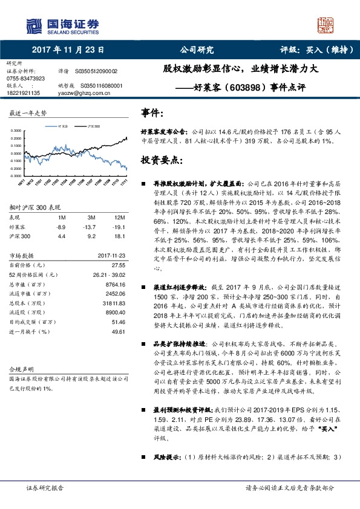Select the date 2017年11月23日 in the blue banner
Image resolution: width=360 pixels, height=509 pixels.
(x=68, y=50)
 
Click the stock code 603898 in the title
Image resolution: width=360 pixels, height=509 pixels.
(x=247, y=87)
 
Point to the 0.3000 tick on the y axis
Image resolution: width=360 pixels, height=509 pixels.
(x=18, y=131)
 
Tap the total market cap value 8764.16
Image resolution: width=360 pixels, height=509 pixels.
(x=114, y=283)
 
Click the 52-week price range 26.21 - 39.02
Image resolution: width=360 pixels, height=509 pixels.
(x=107, y=273)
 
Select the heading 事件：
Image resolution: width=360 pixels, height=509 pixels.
(x=152, y=113)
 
